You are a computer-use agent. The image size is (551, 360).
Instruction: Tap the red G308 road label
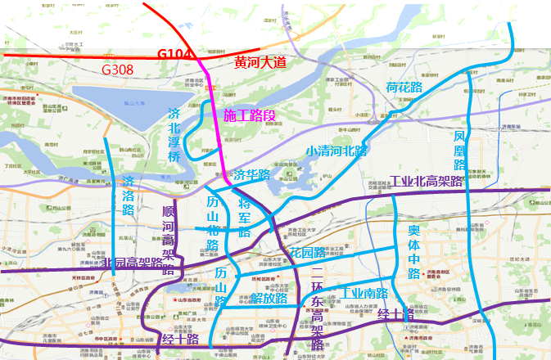pos(117,70)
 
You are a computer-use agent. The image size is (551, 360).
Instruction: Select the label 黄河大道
pos(260,61)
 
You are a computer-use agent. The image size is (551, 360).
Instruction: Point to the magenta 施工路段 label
pos(250,115)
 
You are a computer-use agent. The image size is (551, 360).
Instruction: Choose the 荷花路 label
pos(404,88)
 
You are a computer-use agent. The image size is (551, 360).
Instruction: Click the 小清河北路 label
pos(336,151)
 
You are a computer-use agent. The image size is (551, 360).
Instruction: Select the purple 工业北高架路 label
pos(427,181)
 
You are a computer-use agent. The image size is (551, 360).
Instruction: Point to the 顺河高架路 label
pos(169,237)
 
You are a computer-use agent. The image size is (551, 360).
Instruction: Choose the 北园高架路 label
pos(133,263)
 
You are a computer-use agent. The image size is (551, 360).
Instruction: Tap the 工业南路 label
pos(364,293)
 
